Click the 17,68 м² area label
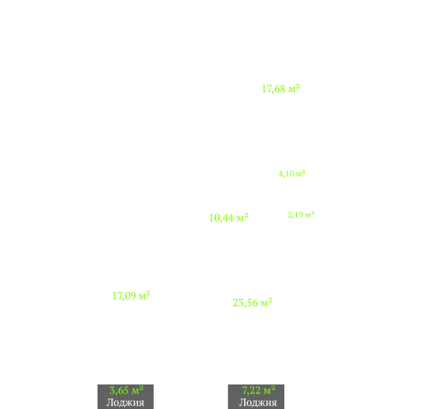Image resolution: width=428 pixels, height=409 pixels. pos(281,88)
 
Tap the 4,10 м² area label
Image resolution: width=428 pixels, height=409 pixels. pos(292,173)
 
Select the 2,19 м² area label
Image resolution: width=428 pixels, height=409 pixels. pos(301,215)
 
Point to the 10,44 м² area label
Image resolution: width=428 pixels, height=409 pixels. pos(229,218)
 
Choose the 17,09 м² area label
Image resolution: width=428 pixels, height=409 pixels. pos(131,296)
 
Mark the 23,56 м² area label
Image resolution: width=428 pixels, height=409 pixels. pos(252,303)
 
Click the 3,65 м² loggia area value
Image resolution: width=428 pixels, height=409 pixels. pos(127,390)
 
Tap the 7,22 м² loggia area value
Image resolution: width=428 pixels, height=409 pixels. pos(259,390)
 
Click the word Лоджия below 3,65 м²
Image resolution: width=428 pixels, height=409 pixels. pos(125,402)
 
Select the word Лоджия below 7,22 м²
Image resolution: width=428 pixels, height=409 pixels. pos(258,402)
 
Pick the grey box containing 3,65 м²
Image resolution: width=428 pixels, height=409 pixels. pos(126,397)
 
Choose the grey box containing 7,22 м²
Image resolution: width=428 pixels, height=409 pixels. pos(256,397)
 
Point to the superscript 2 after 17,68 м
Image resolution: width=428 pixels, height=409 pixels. pos(298,86)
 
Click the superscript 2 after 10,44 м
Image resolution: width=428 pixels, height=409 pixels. pos(246,215)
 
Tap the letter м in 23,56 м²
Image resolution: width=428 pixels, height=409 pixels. pos(264,303)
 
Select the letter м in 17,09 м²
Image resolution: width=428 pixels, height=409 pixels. pos(142,297)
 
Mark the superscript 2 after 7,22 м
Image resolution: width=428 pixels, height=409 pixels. pos(273,387)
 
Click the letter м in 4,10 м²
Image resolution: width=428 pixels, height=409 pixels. pos(299,174)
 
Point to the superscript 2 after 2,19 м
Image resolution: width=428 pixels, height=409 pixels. pos(313,213)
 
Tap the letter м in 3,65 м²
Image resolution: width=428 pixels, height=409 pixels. pos(135,391)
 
